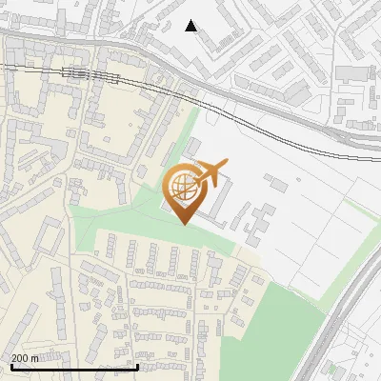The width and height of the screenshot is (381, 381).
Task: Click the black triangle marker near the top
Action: (x=191, y=26)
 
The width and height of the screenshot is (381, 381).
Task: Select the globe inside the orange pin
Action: (x=181, y=189)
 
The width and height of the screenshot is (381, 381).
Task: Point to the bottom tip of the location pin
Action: (x=183, y=224)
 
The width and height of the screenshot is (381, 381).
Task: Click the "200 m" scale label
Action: (x=25, y=358)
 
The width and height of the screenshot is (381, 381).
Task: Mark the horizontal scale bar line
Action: (x=74, y=367)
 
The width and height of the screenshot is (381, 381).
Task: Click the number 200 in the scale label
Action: (x=19, y=358)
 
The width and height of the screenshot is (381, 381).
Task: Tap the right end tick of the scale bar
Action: (x=139, y=365)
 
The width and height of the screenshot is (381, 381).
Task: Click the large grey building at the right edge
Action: (x=354, y=72)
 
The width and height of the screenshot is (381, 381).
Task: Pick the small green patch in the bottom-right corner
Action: (x=331, y=369)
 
